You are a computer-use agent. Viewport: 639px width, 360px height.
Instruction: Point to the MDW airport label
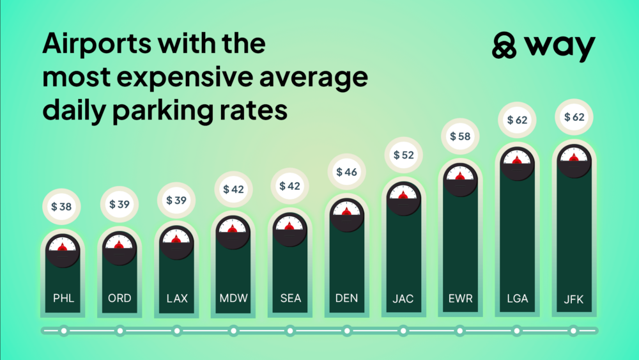pos(233,298)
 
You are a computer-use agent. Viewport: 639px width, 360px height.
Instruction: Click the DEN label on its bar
pos(346,298)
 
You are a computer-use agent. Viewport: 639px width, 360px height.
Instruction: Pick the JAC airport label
pos(403,298)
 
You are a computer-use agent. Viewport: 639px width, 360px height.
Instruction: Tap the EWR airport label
pos(460,298)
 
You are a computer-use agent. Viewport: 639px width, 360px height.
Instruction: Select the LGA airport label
pos(517,298)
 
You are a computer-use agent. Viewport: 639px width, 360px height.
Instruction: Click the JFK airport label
pos(574,298)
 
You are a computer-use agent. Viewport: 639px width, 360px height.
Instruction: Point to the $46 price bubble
pos(346,171)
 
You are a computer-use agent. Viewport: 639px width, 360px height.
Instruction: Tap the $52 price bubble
pos(403,155)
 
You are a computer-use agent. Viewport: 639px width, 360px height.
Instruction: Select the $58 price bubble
pos(460,136)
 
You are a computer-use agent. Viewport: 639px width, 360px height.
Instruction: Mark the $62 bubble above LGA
pos(517,119)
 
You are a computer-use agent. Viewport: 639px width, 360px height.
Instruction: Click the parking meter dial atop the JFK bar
pos(574,160)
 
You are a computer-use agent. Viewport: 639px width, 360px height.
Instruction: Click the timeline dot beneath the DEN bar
pos(346,331)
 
